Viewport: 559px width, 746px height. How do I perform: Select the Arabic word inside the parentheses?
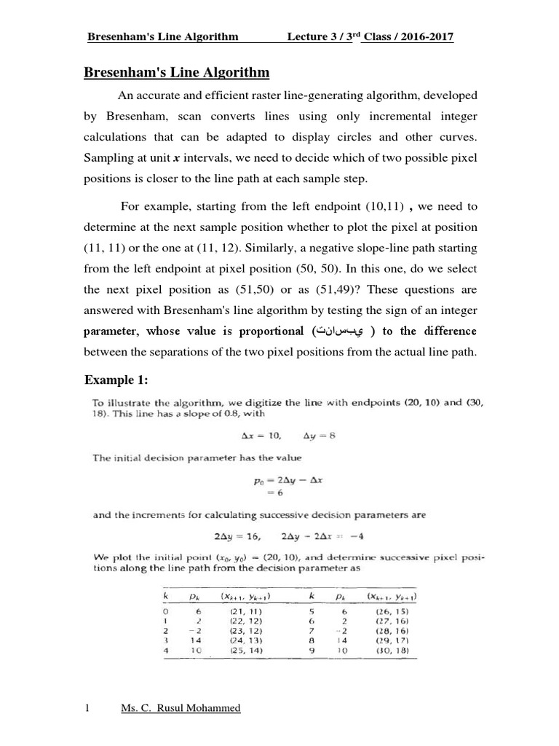tap(340, 331)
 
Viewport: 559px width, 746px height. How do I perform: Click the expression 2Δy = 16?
tap(236, 535)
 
